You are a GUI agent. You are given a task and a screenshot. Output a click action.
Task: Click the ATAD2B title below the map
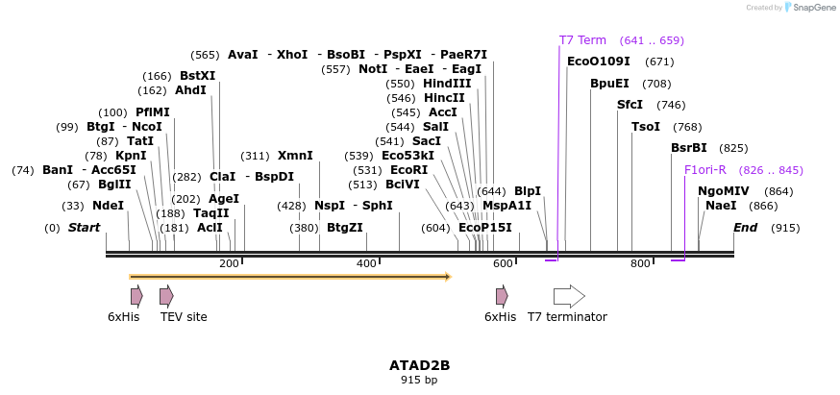(x=419, y=365)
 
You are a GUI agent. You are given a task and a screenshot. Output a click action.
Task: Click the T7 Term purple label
(x=582, y=40)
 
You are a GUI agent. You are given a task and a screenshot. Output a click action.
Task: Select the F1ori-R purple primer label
(x=705, y=170)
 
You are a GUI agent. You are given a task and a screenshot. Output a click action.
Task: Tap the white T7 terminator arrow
(x=569, y=296)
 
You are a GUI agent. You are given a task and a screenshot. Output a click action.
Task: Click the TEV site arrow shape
(x=166, y=296)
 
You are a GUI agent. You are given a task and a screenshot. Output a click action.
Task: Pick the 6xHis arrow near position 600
(x=502, y=296)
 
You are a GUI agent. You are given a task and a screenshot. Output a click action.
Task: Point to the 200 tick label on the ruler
(x=229, y=263)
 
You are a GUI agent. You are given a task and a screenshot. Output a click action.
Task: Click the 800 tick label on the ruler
(x=640, y=263)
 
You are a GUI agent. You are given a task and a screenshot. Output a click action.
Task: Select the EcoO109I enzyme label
(x=599, y=62)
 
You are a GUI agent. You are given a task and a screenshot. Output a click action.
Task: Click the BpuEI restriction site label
(x=609, y=84)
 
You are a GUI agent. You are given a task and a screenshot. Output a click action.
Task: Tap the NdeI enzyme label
(x=108, y=206)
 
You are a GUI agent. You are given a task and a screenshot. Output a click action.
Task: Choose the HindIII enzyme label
(x=447, y=84)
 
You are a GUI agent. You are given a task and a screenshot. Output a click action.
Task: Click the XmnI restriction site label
(x=295, y=156)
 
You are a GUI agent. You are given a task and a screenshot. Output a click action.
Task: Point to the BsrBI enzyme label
(x=689, y=148)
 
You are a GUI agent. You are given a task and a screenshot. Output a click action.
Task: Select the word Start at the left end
(x=84, y=228)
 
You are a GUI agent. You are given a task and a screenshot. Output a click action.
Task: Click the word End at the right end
(x=746, y=228)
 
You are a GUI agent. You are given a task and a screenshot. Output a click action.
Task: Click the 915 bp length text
(x=419, y=381)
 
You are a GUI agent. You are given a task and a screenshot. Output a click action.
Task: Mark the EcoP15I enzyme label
(x=484, y=228)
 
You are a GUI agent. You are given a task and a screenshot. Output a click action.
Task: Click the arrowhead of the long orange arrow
(x=447, y=277)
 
